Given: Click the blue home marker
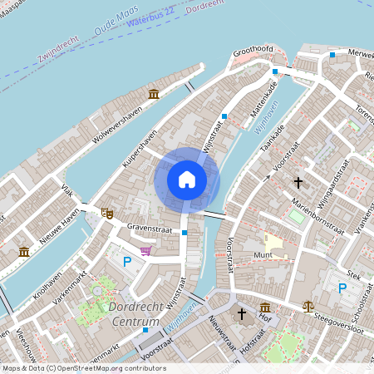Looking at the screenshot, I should [187, 179].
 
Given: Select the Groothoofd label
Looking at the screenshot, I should [253, 50].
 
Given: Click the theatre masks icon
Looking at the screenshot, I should [106, 214].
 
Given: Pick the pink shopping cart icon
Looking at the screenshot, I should [146, 250].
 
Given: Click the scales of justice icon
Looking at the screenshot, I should [309, 305].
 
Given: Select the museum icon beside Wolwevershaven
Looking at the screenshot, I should [154, 94].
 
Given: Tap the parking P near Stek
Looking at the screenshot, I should [342, 288].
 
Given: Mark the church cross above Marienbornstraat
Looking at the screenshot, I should [298, 182].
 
